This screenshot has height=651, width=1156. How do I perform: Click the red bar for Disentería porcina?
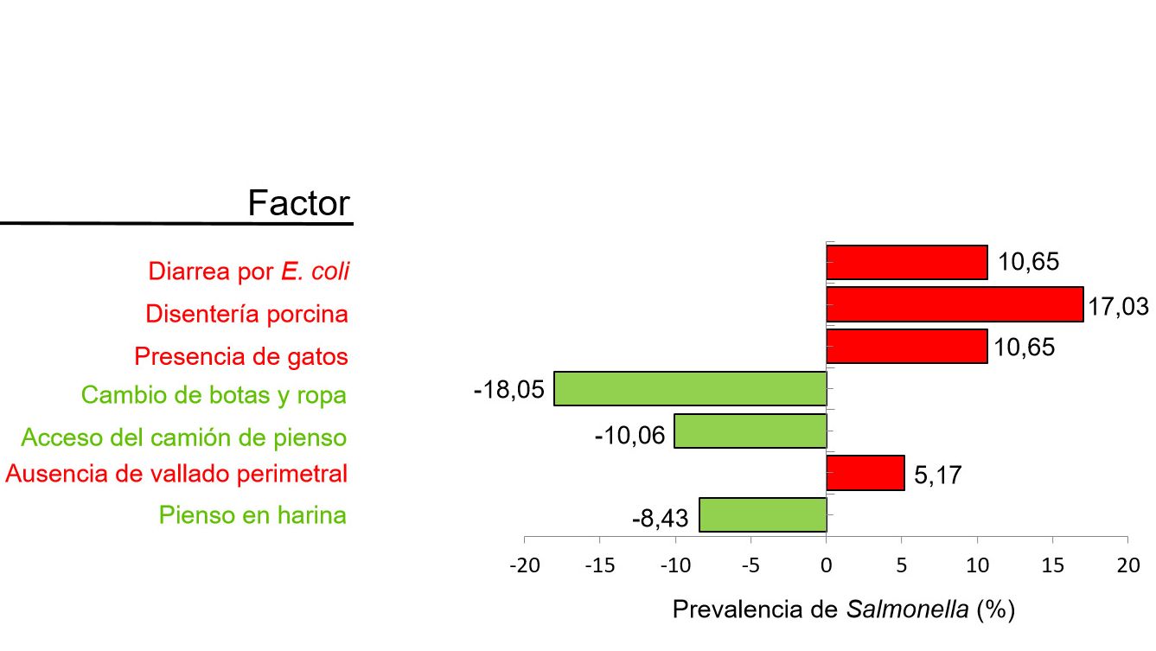tap(955, 304)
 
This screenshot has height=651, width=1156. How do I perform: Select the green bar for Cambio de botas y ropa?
tap(690, 388)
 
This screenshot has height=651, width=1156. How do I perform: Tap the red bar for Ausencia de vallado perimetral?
tap(865, 473)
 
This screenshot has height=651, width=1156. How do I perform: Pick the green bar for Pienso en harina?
tap(763, 515)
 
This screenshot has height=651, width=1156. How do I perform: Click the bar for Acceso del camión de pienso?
tap(750, 431)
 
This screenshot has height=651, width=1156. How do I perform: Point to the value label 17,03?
tap(1118, 306)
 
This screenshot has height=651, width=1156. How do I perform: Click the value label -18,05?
tap(509, 390)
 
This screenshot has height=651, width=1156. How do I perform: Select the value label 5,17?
tap(937, 475)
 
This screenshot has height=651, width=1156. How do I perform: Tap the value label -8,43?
tap(660, 519)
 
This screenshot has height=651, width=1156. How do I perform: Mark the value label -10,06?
tap(629, 434)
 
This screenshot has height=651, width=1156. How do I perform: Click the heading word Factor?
tap(298, 203)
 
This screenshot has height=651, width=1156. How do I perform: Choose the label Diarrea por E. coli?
tap(249, 271)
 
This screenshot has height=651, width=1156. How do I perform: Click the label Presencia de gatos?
tap(241, 356)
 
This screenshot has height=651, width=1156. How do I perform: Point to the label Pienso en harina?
tap(252, 515)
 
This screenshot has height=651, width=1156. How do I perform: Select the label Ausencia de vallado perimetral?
tap(176, 474)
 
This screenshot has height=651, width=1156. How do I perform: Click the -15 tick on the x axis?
tap(599, 565)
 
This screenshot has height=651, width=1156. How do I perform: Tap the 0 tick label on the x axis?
tap(826, 565)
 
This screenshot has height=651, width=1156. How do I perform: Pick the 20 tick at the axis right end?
tap(1127, 565)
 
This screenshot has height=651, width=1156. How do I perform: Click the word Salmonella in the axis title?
tap(907, 610)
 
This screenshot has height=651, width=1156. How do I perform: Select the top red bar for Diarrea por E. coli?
tap(907, 262)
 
